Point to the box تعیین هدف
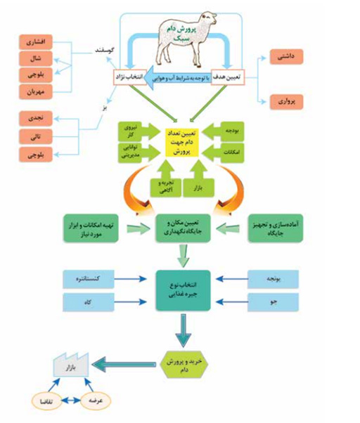(x=226, y=75)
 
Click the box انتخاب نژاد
(x=129, y=75)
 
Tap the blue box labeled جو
(x=275, y=302)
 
